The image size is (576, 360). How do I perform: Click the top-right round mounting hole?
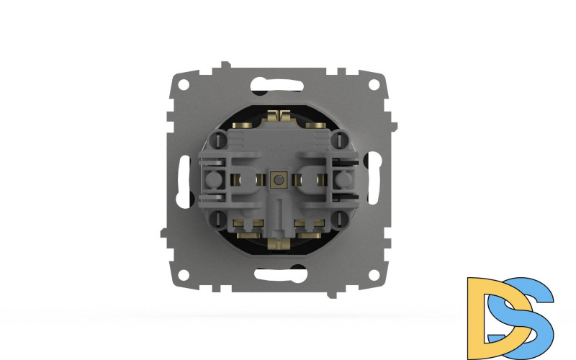click(373, 83)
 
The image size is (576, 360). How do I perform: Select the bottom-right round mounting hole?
click(373, 276)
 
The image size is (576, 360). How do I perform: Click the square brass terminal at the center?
click(277, 177)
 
